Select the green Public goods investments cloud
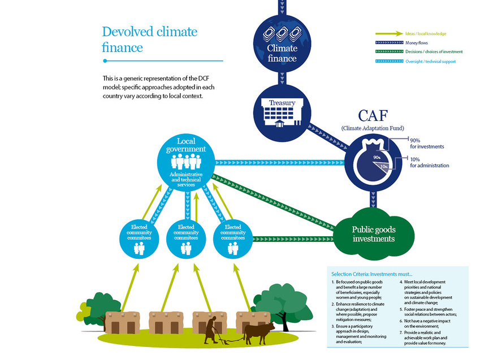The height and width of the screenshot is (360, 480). click(373, 233)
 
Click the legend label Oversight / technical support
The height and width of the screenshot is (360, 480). click(431, 61)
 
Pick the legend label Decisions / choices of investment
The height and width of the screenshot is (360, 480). click(434, 52)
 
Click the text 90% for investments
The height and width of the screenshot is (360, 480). click(426, 143)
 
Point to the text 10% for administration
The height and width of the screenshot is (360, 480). click(429, 162)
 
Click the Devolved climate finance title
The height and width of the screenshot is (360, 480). click(149, 39)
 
